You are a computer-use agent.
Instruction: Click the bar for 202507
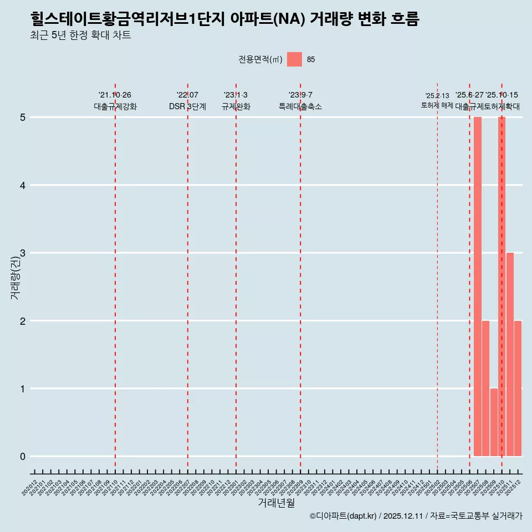pos(477,287)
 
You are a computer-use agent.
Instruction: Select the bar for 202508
pos(485,388)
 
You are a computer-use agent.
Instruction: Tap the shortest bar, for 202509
pos(493,422)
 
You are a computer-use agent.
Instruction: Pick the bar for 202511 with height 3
pos(510,354)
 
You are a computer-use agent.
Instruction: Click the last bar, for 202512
pos(518,388)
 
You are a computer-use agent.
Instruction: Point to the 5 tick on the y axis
pos(23,117)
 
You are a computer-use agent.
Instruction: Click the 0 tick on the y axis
pos(23,457)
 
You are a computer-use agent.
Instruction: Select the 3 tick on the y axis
pos(23,253)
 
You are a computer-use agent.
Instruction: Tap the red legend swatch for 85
pos(294,59)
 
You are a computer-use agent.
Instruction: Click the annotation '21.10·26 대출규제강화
pos(115,101)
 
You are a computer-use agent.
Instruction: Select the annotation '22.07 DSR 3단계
pos(187,101)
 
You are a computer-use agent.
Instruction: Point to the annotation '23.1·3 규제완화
pos(236,101)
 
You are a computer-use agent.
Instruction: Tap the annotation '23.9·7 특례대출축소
pos(300,101)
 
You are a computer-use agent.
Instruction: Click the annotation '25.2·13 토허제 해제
pos(437,101)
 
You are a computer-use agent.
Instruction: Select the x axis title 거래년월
pos(276,503)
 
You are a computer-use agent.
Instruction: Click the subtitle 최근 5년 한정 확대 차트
pos(81,35)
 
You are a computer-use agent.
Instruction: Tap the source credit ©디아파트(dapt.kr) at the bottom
pos(343,516)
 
